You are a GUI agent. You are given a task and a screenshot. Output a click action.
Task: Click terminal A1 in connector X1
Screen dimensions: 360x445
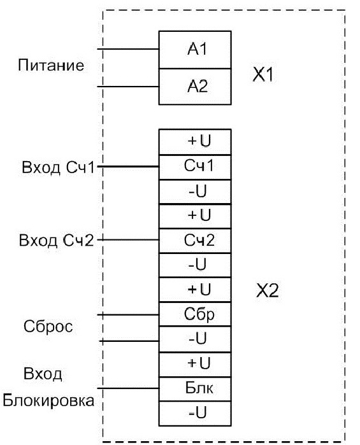pos(195,50)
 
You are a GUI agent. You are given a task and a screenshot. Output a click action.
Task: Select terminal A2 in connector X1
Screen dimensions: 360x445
pos(195,87)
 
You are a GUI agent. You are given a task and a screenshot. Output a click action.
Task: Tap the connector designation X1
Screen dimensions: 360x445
pos(263,75)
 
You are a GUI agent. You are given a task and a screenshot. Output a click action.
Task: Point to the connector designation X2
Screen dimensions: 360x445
pos(267,290)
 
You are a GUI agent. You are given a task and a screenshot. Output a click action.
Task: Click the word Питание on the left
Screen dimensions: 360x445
pos(51,65)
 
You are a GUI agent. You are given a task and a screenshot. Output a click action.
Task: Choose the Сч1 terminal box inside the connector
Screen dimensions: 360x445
pos(195,167)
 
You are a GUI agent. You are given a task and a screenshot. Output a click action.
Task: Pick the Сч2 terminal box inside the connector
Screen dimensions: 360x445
pos(195,241)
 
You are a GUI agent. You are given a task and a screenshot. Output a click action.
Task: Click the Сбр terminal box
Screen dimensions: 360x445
pos(195,314)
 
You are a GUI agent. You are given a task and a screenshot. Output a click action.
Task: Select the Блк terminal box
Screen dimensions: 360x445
pos(195,389)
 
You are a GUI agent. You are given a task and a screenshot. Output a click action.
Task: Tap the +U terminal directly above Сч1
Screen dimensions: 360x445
pos(195,142)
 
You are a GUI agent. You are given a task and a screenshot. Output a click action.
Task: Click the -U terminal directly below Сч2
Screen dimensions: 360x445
pos(195,265)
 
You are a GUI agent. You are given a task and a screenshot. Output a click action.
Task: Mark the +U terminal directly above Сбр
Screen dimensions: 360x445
pos(195,290)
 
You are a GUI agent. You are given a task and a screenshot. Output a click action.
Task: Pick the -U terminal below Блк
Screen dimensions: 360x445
pos(195,414)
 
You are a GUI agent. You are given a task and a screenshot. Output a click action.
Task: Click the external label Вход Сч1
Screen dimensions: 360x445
pos(58,167)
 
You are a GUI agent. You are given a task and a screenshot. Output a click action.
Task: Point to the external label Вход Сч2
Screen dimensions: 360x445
pos(56,241)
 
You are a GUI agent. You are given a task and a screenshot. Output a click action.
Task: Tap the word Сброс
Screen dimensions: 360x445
pos(48,327)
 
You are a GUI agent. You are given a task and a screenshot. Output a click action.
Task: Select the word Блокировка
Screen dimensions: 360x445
pos(48,400)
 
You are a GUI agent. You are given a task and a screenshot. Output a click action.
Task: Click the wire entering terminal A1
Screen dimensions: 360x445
pos(128,49)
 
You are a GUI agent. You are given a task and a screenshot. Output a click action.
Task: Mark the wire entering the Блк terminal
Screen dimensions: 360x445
pos(128,388)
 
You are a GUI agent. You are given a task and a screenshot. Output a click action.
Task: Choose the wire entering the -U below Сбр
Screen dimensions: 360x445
pos(129,341)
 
